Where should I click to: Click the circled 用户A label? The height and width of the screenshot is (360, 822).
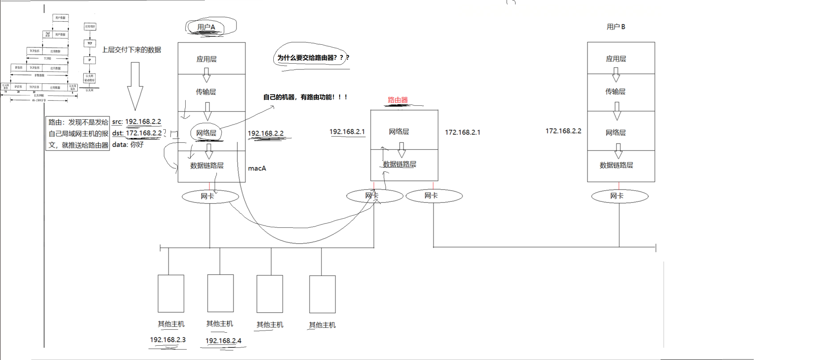[206, 27]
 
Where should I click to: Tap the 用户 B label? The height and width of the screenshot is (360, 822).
[616, 27]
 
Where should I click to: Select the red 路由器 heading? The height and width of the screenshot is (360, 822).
[398, 100]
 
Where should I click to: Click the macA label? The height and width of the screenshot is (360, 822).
[257, 168]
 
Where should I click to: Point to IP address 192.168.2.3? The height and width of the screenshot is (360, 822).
[167, 340]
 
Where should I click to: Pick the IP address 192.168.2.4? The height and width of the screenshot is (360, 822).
[223, 341]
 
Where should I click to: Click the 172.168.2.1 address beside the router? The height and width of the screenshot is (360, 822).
[462, 132]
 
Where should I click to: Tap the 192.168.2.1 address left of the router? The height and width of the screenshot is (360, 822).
[347, 131]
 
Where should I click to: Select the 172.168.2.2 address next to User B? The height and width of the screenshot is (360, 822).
[563, 131]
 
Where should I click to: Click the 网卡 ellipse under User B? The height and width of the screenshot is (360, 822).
[619, 196]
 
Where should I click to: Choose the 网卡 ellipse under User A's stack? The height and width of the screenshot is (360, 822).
[210, 196]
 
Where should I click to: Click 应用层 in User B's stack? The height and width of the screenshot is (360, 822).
[616, 59]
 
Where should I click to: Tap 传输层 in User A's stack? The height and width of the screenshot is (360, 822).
[206, 92]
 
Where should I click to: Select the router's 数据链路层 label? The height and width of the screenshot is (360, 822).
[400, 164]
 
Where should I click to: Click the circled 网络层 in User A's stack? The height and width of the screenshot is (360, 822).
[206, 133]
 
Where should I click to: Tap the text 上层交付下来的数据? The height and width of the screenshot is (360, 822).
[131, 50]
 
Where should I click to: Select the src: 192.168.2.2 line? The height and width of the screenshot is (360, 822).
[136, 122]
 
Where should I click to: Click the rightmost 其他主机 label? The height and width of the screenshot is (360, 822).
[322, 325]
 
